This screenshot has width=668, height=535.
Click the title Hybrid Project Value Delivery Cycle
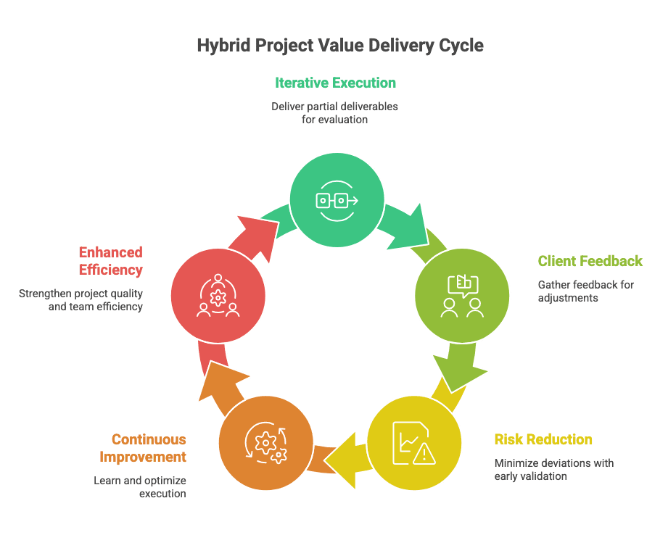[x=340, y=46]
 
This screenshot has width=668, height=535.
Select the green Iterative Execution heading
[x=335, y=83]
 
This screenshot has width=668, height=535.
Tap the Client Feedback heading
[x=590, y=261]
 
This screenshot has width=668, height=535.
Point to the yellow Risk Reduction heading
[x=543, y=439]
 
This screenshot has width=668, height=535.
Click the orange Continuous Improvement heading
[x=149, y=448]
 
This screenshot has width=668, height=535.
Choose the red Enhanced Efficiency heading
[x=110, y=261]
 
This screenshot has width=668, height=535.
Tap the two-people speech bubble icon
[x=461, y=296]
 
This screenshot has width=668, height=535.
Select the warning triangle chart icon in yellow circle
[x=413, y=441]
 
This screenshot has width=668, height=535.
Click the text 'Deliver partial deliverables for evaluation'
[x=335, y=112]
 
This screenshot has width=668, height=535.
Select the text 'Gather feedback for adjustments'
[x=585, y=291]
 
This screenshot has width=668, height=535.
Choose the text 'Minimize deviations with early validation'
[x=554, y=469]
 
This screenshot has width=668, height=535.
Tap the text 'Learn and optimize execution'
[x=140, y=486]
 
